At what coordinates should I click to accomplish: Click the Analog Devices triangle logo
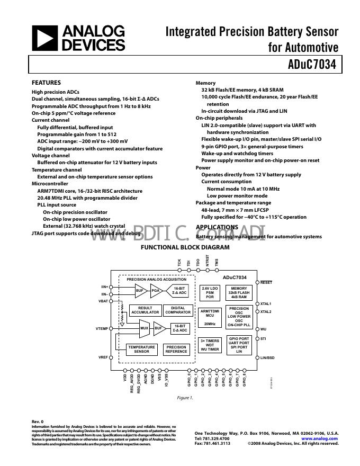44,38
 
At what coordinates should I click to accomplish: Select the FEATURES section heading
47,83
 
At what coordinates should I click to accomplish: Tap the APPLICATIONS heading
217,227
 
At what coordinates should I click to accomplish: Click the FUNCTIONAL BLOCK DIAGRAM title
185,247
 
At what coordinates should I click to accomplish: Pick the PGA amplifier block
156,290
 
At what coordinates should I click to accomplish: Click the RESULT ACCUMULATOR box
145,310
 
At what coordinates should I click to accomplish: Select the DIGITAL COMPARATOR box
178,310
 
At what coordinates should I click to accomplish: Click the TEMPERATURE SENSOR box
141,349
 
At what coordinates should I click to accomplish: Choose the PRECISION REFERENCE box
176,349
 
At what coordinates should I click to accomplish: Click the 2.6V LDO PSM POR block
210,292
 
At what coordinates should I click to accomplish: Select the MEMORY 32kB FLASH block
239,292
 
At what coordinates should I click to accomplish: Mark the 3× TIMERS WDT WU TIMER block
210,345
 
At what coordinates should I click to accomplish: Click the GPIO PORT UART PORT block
239,345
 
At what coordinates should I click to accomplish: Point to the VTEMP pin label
102,329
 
